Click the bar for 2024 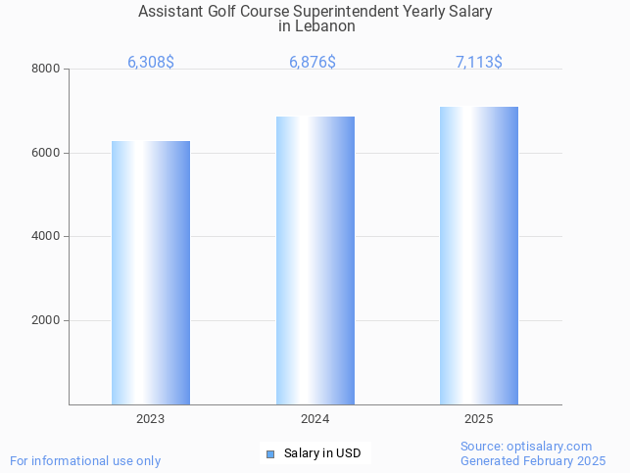coord(315,260)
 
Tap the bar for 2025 coord(479,256)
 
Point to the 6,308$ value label coord(151,62)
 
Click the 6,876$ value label coord(313,62)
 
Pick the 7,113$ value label coord(479,62)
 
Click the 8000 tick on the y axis coord(45,69)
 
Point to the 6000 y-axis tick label coord(45,153)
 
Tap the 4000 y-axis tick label coord(45,236)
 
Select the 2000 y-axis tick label coord(45,320)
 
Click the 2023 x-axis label coord(151,418)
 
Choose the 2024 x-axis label coord(315,418)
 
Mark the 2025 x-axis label coord(479,418)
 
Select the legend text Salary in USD coord(322,453)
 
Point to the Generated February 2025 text coord(533,460)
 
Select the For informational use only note coord(85,460)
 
